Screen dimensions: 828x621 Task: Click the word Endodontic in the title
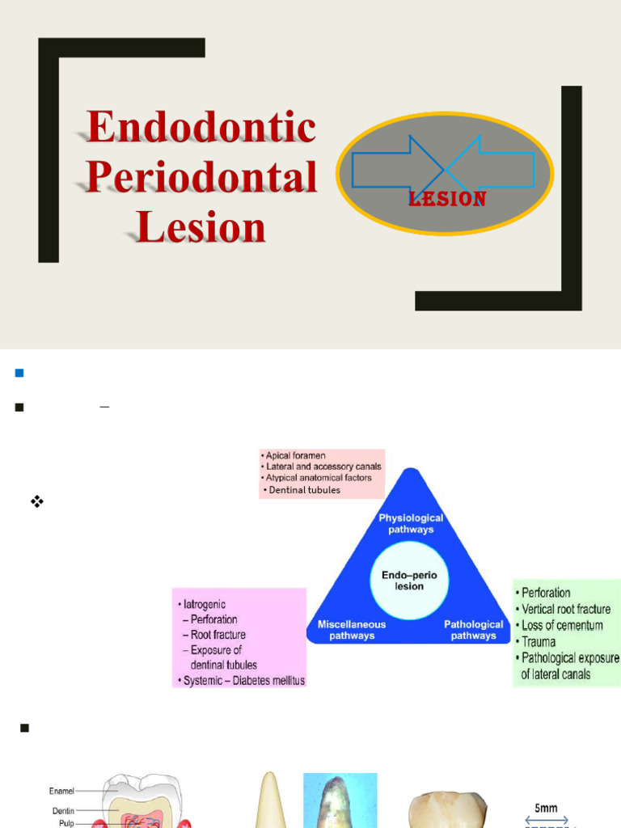201,128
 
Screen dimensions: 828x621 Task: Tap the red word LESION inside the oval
447,199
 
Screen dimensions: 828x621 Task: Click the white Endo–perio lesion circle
409,580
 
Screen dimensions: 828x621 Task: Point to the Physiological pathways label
412,523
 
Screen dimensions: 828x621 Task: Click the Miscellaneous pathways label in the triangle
352,630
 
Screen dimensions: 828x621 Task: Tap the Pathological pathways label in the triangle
474,630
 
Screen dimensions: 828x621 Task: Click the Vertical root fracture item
566,609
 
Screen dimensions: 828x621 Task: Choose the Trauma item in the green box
539,642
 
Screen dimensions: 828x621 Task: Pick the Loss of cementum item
562,625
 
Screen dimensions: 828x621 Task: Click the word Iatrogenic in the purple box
204,604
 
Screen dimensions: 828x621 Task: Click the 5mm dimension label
546,808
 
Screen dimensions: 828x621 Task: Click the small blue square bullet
19,373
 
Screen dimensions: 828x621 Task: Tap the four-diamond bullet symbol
36,501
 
